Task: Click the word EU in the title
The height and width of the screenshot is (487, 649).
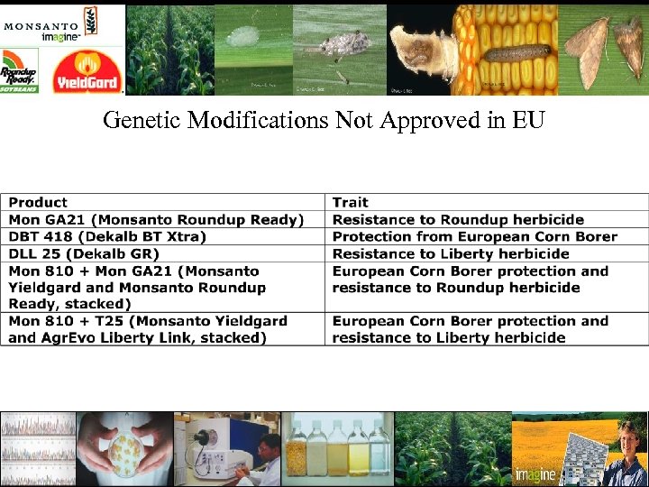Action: click(x=528, y=120)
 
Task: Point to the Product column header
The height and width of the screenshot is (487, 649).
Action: click(x=38, y=202)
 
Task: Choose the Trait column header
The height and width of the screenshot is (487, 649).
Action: click(x=350, y=202)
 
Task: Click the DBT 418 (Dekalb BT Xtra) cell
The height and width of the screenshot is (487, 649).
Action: click(x=107, y=236)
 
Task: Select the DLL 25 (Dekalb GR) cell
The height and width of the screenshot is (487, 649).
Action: click(x=84, y=253)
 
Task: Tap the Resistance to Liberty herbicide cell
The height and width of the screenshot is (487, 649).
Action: click(x=451, y=253)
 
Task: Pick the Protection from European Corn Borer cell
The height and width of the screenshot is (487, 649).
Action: click(x=475, y=236)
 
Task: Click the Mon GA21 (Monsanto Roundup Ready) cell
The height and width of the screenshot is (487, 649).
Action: click(x=156, y=219)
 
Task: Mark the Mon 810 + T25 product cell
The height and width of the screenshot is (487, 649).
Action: click(x=149, y=329)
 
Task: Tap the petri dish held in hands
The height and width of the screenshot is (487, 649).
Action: click(x=124, y=446)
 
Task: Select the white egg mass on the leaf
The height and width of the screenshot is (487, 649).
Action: click(x=241, y=37)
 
